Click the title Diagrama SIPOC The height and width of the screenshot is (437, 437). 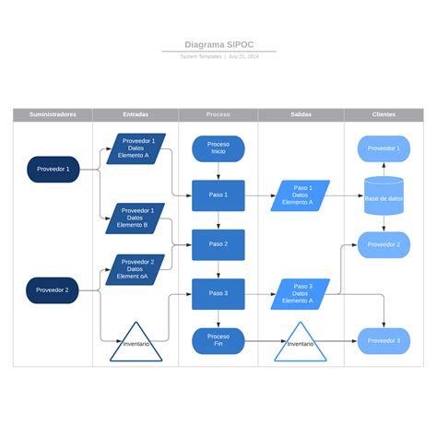point(218,44)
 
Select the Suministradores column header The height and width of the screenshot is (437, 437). point(53,114)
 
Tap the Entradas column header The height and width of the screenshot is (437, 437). point(135,114)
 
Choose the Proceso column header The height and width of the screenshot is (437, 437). point(218,114)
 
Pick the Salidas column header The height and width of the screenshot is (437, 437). point(301,114)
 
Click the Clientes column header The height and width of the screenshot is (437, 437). point(384,114)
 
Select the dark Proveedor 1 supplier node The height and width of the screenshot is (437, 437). point(53,169)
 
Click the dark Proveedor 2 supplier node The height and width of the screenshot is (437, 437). point(53,289)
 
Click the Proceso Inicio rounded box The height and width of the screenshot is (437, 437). point(218,148)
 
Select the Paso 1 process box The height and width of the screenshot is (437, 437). point(218,195)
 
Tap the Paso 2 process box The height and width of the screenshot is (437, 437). point(218,244)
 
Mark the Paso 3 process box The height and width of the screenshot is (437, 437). point(218,293)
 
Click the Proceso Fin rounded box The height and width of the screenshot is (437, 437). point(218,340)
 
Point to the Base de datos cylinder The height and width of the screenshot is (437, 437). point(384,196)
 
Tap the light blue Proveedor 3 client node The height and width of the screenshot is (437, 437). point(384,340)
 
